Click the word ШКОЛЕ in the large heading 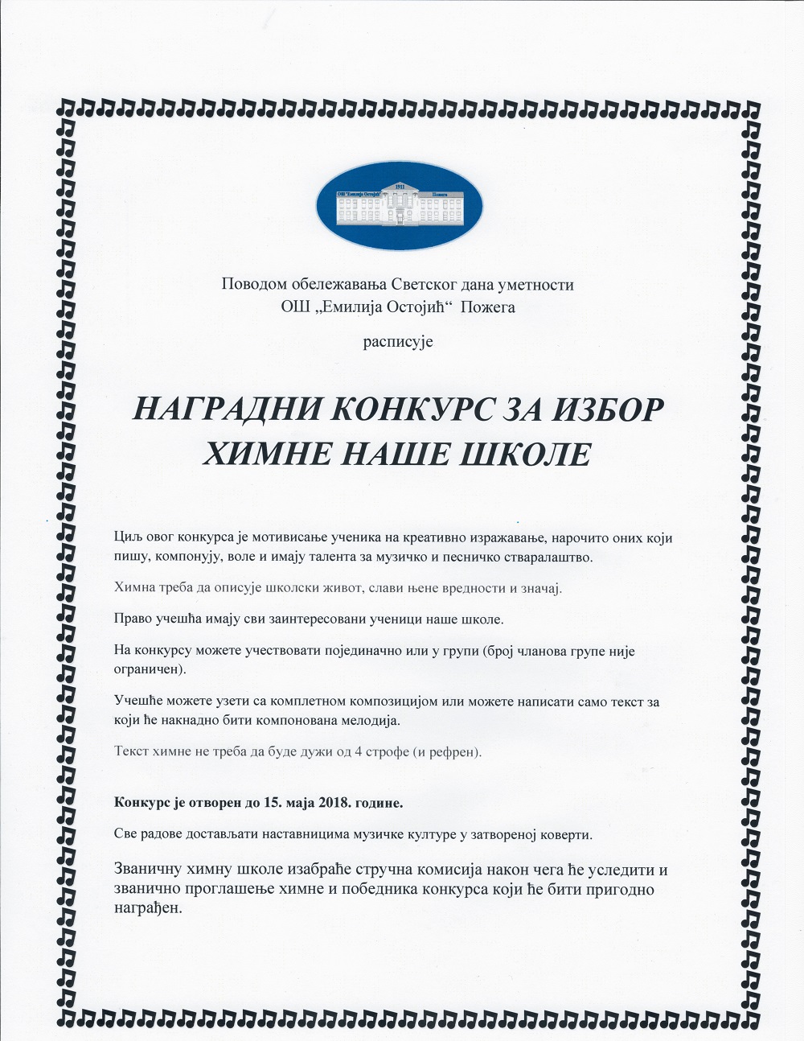[x=523, y=455]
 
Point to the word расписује [x=398, y=341]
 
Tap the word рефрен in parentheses [x=454, y=752]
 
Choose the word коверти [x=567, y=835]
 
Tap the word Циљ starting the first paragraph [x=129, y=537]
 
